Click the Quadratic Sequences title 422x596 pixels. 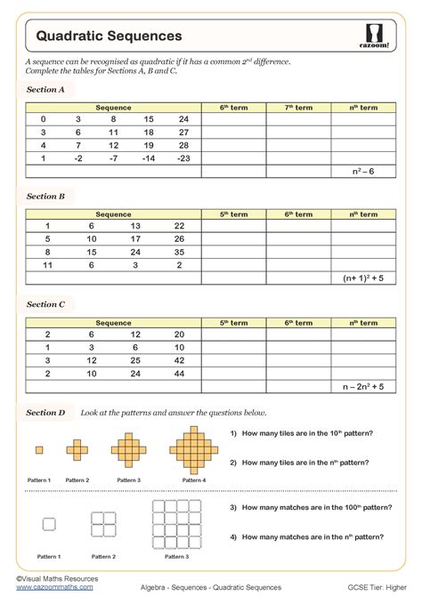click(x=109, y=36)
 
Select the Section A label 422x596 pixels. click(x=45, y=90)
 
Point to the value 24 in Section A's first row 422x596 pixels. click(x=183, y=119)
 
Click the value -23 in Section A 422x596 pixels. click(x=183, y=157)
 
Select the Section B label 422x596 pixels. click(x=45, y=197)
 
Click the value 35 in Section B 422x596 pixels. click(x=180, y=252)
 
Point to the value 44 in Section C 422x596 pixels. click(x=180, y=374)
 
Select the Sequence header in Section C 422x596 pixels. click(x=114, y=323)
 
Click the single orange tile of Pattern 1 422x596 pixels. click(x=38, y=450)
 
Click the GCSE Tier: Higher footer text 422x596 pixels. click(x=374, y=588)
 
